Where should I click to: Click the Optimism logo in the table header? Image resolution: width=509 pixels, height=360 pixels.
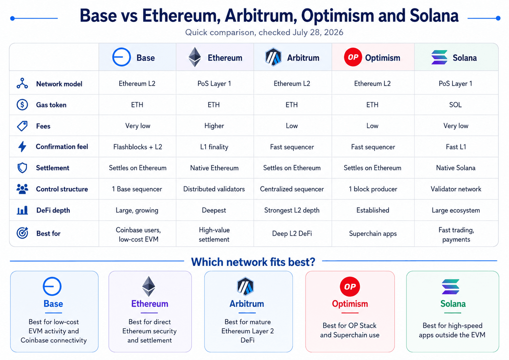point(353,57)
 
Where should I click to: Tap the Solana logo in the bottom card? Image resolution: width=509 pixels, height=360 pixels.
point(450,287)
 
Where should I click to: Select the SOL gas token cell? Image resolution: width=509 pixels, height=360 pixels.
point(455,105)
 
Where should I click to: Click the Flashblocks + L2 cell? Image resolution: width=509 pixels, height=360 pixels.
point(138,147)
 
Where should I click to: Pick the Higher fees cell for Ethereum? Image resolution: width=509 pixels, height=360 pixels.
point(214,126)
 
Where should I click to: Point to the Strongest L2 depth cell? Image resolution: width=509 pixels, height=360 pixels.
point(292,210)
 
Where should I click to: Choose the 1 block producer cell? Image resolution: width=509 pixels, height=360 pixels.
point(373,189)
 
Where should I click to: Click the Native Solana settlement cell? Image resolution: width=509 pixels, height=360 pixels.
point(456,168)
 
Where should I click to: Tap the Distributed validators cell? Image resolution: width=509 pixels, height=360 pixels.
point(214,189)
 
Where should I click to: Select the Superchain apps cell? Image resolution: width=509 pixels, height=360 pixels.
point(373,233)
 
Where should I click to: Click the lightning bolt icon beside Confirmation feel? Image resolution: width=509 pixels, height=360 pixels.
point(22,146)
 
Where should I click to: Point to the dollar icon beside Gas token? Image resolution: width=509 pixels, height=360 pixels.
point(22,105)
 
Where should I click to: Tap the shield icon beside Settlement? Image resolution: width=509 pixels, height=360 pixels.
point(22,168)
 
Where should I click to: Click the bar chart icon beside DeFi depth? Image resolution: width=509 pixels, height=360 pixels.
point(22,210)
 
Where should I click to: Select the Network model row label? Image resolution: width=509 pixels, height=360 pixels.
point(59,84)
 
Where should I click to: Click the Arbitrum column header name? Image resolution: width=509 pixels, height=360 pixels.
point(303,58)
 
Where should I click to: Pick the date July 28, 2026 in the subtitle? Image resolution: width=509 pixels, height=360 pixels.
point(318,32)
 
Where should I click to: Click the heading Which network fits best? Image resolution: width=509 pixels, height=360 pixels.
point(253,262)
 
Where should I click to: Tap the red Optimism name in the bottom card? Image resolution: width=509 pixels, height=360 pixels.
point(350,304)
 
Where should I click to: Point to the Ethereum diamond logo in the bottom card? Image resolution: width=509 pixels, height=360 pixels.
point(149,286)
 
